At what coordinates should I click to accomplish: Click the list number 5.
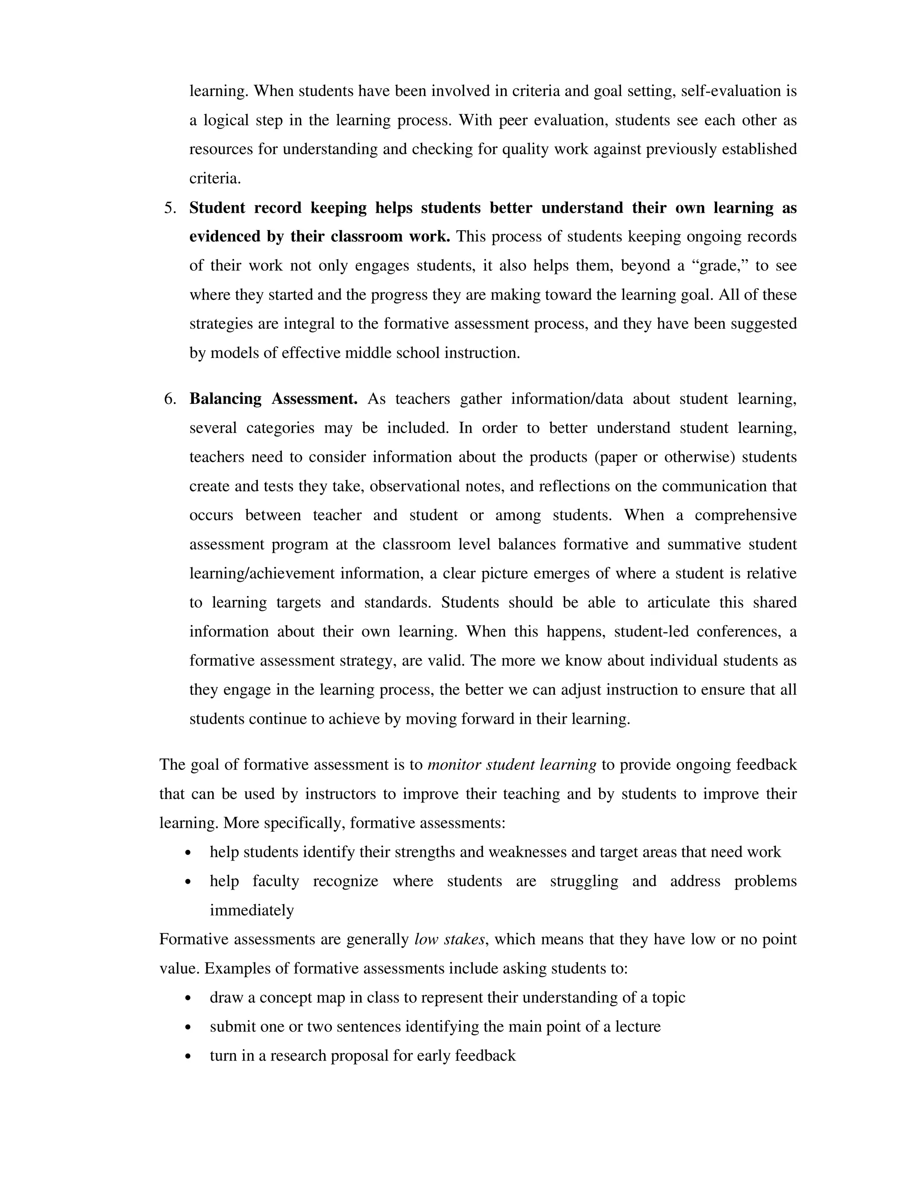(170, 208)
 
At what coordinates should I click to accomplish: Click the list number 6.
(170, 399)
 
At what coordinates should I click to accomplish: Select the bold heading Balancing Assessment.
(273, 399)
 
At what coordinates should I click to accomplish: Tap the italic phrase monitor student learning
(512, 765)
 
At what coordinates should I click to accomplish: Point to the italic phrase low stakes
(449, 940)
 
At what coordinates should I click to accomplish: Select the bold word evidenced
(224, 237)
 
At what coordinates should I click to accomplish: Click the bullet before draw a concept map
(188, 998)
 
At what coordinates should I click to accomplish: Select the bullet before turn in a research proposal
(188, 1056)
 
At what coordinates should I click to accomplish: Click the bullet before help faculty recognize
(188, 882)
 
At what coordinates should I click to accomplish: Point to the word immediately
(252, 911)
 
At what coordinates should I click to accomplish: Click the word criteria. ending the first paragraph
(214, 178)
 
